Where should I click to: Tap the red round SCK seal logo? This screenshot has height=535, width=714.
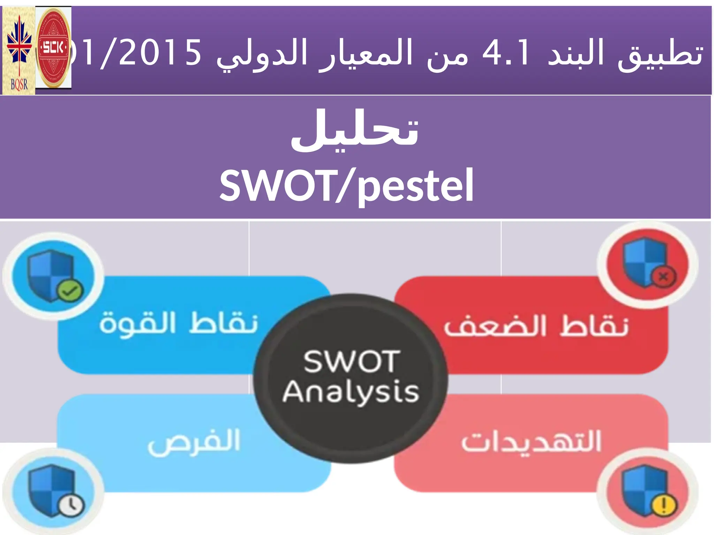click(53, 48)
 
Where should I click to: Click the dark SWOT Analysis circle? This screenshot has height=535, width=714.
click(350, 378)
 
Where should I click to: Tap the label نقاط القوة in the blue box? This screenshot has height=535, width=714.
click(178, 323)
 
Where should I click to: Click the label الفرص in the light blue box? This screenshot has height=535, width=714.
click(194, 441)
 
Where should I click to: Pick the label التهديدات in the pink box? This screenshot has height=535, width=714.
click(531, 441)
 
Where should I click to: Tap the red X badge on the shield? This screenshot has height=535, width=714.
click(663, 277)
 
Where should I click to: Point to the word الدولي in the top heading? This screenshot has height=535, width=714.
click(262, 54)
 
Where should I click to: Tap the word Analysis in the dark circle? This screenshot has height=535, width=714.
click(350, 392)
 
